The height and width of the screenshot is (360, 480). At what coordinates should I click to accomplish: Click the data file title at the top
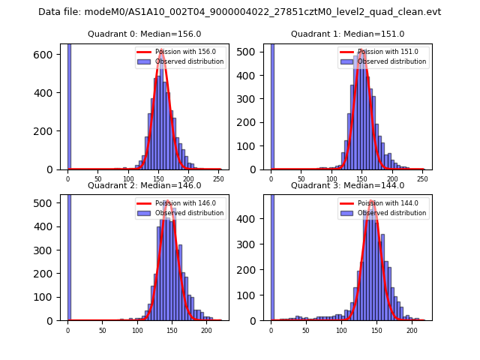pos(239,12)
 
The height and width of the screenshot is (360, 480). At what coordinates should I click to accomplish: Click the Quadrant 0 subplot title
pos(144,34)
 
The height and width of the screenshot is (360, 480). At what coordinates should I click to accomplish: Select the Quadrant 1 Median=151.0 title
pos(347,34)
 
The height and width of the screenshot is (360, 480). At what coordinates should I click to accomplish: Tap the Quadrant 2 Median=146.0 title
pos(144,185)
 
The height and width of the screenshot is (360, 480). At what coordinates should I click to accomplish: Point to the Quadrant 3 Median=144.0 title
pos(347,185)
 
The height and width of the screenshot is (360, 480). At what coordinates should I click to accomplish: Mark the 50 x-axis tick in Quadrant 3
pos(306,329)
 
